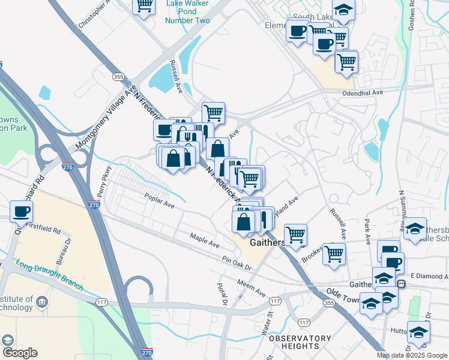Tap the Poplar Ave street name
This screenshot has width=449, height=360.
click(x=159, y=200)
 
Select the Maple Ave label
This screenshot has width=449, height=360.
click(x=205, y=241)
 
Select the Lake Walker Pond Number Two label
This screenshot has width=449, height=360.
click(x=188, y=11)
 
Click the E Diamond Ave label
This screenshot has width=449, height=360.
click(x=430, y=276)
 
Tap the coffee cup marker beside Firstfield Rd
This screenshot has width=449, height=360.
click(x=22, y=211)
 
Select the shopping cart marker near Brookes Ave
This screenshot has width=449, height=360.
click(x=334, y=253)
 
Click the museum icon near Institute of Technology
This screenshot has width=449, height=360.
click(x=41, y=301)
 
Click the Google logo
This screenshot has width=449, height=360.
click(x=20, y=353)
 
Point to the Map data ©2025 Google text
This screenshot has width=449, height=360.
click(x=412, y=355)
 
